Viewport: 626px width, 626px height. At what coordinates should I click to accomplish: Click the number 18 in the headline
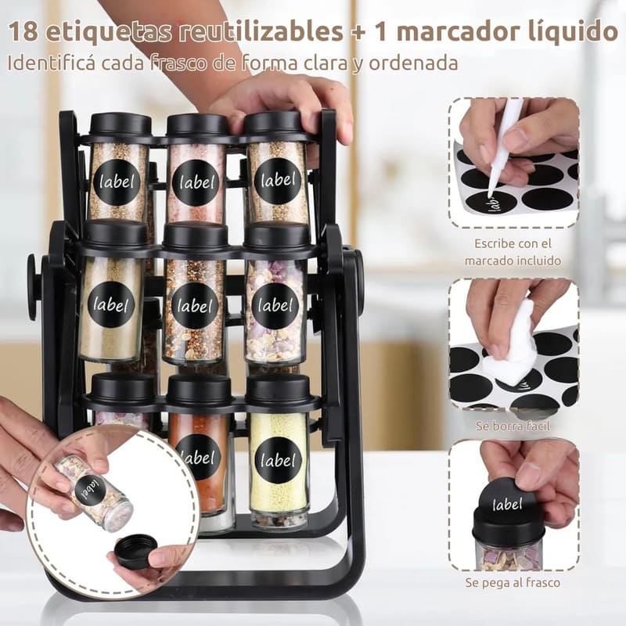pyautogui.click(x=23, y=31)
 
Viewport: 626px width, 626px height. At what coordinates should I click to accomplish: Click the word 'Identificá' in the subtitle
pyautogui.click(x=52, y=63)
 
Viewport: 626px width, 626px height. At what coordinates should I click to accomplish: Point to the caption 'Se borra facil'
pyautogui.click(x=513, y=426)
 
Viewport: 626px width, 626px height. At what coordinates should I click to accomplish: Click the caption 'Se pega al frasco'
pyautogui.click(x=513, y=582)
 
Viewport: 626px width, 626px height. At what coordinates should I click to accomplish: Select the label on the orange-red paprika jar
pyautogui.click(x=199, y=458)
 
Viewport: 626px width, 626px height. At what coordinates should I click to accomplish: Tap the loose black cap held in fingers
pyautogui.click(x=135, y=552)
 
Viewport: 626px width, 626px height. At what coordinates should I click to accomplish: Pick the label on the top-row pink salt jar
pyautogui.click(x=196, y=183)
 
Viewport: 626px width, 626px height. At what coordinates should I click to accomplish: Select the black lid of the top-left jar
pyautogui.click(x=121, y=124)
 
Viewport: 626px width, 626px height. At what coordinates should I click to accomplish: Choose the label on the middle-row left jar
pyautogui.click(x=111, y=305)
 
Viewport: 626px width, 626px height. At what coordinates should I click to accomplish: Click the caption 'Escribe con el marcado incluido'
pyautogui.click(x=513, y=252)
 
